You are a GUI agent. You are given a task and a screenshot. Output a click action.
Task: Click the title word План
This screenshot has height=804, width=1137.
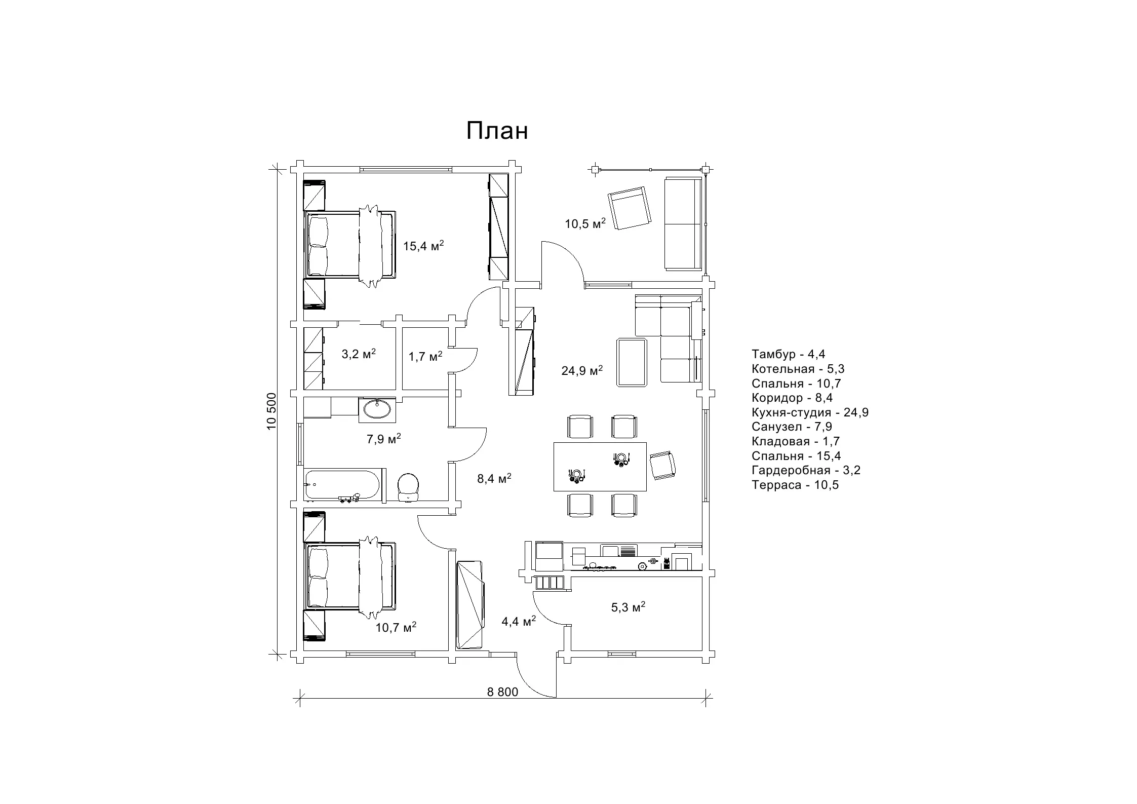coord(497,131)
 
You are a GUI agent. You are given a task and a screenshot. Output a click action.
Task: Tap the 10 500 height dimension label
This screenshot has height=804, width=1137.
coord(272,411)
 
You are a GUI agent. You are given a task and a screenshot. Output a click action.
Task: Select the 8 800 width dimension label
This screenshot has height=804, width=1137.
coord(503,692)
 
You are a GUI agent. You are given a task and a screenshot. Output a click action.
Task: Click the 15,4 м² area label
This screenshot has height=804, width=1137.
coord(423,246)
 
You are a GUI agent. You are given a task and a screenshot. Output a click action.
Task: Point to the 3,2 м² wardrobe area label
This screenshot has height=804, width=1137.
coord(359,354)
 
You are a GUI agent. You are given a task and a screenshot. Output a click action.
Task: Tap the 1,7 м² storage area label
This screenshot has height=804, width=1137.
coord(425,357)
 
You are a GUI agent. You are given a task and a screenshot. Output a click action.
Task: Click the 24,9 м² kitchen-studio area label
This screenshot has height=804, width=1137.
coord(582,370)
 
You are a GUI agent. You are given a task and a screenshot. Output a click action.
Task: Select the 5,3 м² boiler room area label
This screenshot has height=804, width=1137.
coord(628,607)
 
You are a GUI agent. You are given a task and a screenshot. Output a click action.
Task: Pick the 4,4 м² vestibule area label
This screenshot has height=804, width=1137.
coord(519,621)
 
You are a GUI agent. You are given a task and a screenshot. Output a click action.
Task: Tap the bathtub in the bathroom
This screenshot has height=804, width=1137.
coord(342,485)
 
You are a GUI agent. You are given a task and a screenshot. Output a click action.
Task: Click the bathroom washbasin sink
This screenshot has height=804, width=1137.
coord(377,410)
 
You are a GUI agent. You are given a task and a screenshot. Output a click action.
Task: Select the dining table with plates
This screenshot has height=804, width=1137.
coord(600,467)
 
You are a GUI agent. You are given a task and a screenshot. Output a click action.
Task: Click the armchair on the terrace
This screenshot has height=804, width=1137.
coord(630,208)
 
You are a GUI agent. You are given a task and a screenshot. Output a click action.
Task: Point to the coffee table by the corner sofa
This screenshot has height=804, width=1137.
coord(632,362)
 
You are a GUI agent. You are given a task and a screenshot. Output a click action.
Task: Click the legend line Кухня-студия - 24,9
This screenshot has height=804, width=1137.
coord(810,412)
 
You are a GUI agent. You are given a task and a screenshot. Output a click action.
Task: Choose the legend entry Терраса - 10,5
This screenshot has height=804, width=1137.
coord(795,485)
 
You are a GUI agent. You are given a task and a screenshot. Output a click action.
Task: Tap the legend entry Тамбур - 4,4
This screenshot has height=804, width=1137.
coord(789,354)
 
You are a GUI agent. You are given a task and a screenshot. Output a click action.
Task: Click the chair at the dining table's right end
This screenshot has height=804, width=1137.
coord(663,465)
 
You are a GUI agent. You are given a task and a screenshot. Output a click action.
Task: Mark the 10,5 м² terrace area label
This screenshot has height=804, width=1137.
coord(585,223)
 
